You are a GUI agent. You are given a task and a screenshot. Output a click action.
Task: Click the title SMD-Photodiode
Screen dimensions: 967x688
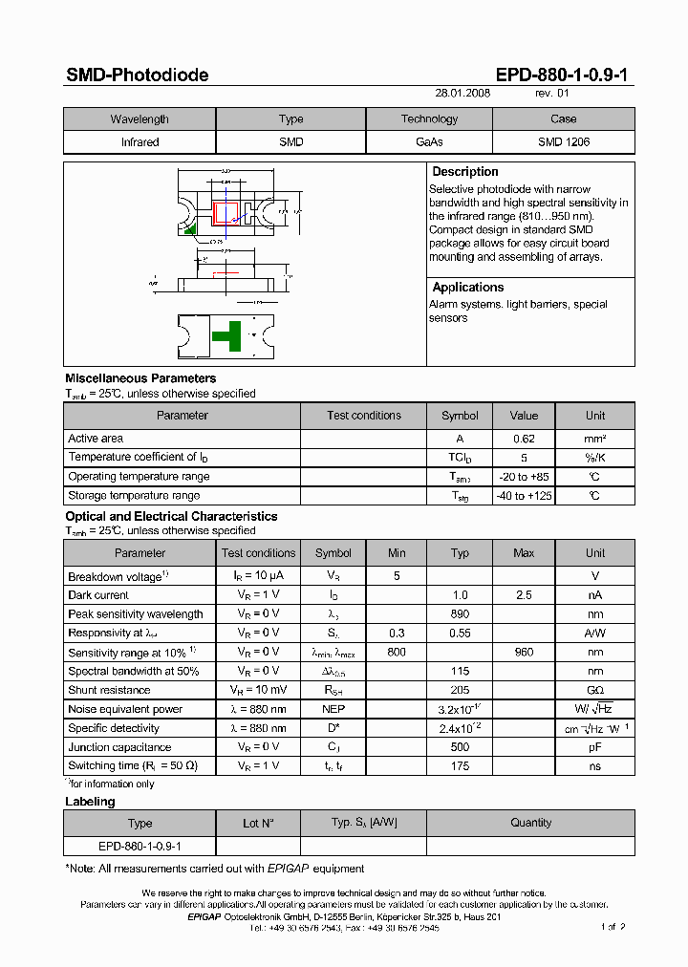coord(137,75)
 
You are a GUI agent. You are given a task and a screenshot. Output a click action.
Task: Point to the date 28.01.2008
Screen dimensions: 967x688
coord(462,95)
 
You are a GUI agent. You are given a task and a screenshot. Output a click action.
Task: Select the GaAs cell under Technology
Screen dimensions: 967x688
coord(429,141)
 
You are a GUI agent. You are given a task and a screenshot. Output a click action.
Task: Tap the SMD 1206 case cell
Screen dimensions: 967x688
coord(563,141)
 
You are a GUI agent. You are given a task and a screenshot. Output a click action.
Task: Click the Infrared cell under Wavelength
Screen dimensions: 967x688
coord(140,141)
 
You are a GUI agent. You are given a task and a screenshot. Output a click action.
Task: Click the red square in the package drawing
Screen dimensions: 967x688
coord(226,211)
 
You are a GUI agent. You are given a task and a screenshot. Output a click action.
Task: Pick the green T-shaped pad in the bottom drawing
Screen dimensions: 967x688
coord(226,335)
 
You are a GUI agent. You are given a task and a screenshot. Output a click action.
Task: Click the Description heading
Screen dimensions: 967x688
coord(465,172)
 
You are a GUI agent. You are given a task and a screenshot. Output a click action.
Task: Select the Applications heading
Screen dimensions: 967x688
coord(467,288)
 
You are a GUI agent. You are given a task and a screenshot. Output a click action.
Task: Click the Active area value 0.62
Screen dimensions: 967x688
coord(524,439)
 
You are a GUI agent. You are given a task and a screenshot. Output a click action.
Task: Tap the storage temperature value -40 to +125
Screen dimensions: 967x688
coord(524,496)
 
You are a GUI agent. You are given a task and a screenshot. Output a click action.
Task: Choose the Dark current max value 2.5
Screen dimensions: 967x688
coord(524,595)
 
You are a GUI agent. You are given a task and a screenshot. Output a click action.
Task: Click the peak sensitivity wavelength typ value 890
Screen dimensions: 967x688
coord(460,614)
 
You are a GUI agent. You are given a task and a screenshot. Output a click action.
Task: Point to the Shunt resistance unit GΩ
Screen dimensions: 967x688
coord(595,690)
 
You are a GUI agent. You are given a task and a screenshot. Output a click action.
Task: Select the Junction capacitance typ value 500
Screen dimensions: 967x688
coord(460,747)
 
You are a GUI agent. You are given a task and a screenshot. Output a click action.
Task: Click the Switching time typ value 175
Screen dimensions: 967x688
coord(460,766)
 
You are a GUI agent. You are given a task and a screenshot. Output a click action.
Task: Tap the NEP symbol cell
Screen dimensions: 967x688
coord(333,709)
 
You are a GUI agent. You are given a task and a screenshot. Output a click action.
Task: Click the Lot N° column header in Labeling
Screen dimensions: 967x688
coord(258,823)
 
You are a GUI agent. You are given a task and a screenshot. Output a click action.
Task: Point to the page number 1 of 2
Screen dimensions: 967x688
coord(613,927)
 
